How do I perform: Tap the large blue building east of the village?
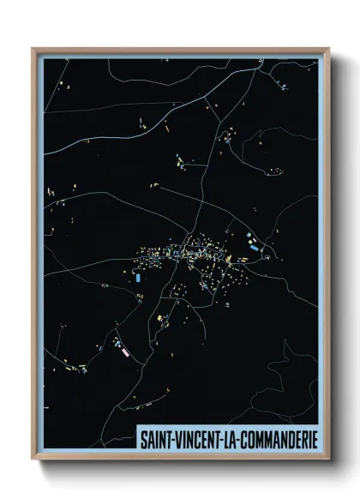[254, 247]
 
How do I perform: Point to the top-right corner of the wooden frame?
[328, 49]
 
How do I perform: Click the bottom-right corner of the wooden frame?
[328, 459]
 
